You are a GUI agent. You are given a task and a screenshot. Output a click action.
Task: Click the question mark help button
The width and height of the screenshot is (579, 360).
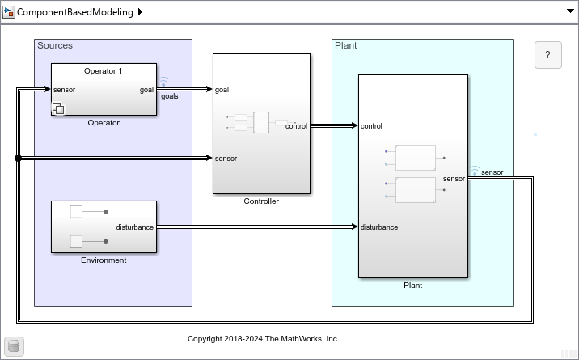coord(547,55)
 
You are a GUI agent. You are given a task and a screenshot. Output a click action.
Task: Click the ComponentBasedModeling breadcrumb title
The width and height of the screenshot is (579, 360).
coord(75,12)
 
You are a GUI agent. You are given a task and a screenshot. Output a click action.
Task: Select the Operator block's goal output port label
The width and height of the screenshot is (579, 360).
coord(146,90)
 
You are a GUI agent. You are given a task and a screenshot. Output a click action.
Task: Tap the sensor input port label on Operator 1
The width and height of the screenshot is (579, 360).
coord(64,90)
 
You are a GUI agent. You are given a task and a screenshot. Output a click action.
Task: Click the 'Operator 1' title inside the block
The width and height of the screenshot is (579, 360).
coord(104,71)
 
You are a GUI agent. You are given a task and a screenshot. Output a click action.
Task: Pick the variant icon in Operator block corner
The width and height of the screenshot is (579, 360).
coord(59,108)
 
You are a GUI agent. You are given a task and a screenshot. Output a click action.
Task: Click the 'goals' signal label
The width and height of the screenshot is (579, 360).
coord(170,96)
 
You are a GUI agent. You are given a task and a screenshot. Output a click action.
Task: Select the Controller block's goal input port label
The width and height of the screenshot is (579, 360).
coord(222,90)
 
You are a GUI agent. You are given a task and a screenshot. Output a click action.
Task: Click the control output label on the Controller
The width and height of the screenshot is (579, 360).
coord(296,125)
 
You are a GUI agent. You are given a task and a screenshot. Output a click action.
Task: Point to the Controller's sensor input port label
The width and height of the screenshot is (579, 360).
coord(226,159)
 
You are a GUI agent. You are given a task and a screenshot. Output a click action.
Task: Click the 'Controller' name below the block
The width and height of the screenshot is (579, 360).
coord(261,201)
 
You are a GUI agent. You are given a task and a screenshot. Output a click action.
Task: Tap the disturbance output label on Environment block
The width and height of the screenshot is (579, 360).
coord(134,227)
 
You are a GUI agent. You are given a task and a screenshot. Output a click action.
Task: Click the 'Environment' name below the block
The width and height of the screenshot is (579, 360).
coord(104,260)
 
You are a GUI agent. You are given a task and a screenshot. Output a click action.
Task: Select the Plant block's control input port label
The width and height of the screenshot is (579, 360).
coord(372,126)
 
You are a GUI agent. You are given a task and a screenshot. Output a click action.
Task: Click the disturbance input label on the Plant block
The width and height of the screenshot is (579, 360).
coord(379,227)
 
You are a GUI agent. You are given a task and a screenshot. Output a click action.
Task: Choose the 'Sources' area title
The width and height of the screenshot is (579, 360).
coord(55,45)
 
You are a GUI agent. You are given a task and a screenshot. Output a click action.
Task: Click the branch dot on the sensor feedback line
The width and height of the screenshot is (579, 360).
coord(18,159)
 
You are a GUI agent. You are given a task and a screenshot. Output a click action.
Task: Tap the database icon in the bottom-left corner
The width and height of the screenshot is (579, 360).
coord(14,346)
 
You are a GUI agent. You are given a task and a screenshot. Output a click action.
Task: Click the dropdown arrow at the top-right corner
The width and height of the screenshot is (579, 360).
coord(568,12)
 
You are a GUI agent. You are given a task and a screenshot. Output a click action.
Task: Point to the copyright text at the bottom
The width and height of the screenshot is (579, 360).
coord(264,339)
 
